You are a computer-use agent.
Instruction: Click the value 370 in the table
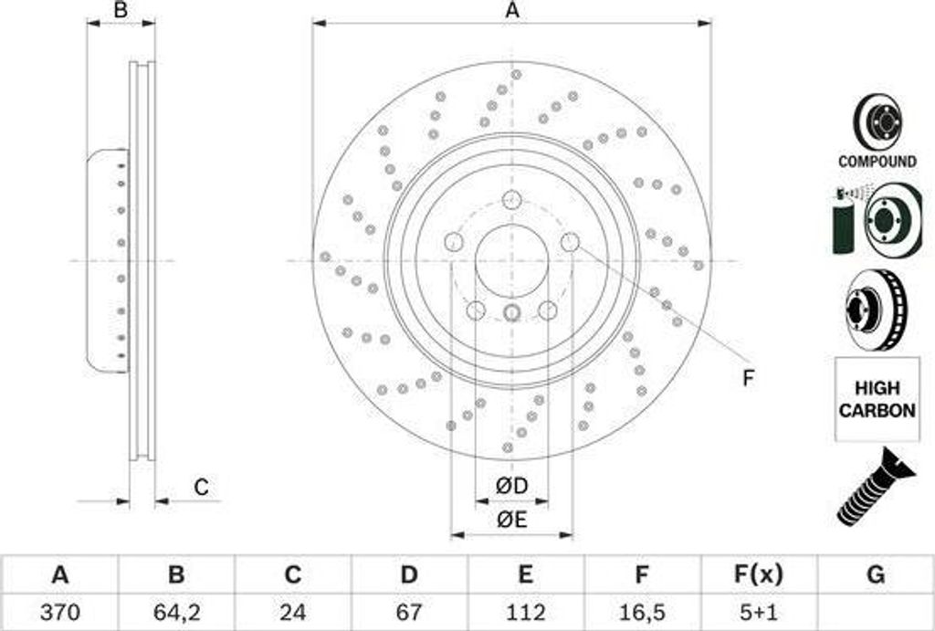59,612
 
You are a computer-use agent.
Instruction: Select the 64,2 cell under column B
176,612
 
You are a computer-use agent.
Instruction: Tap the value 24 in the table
292,612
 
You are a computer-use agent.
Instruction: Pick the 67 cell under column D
408,612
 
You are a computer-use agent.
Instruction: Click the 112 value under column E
525,612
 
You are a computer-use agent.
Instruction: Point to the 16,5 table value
641,612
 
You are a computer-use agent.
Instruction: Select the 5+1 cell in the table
757,612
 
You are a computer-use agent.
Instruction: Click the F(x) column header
757,575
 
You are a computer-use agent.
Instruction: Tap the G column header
876,575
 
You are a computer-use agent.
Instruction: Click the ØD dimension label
511,486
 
